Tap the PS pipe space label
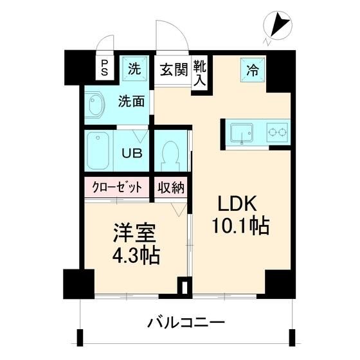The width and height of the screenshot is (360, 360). pyautogui.click(x=104, y=67)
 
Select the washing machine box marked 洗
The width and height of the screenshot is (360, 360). pyautogui.click(x=134, y=68)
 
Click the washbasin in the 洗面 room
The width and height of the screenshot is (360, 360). pyautogui.click(x=97, y=106)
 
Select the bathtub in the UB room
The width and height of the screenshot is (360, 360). pyautogui.click(x=100, y=150)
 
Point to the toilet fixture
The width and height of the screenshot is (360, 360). pyautogui.click(x=171, y=154)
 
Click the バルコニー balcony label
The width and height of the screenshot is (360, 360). pyautogui.click(x=184, y=322)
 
